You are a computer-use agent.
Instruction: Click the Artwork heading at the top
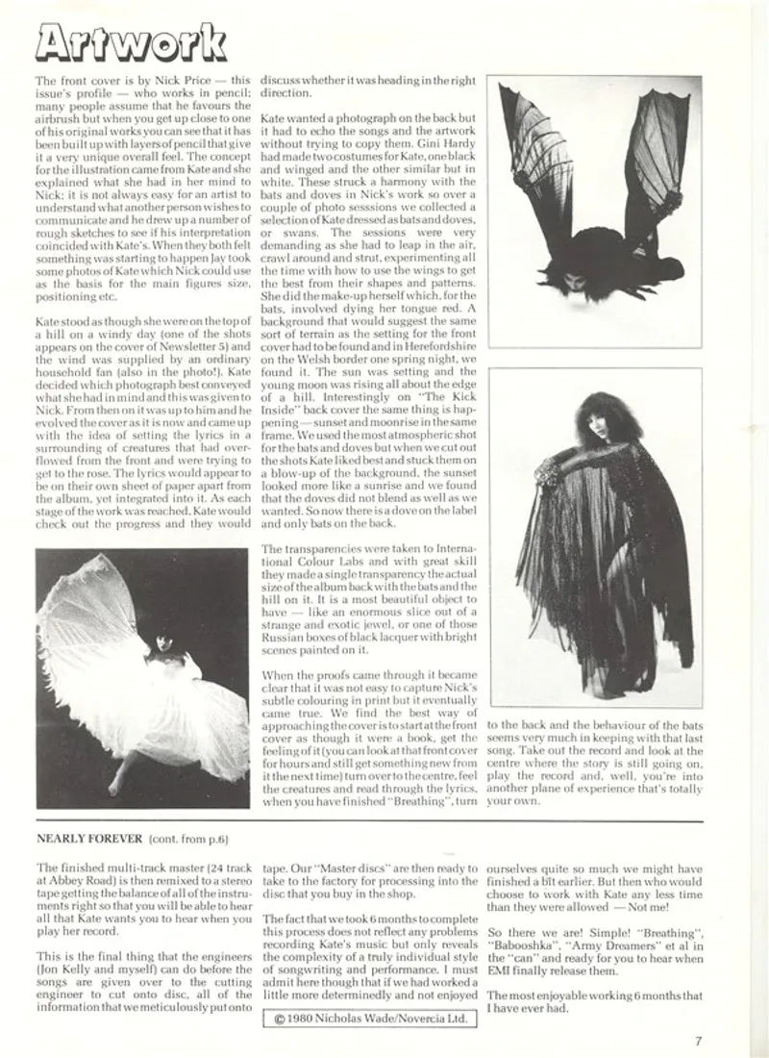pos(128,41)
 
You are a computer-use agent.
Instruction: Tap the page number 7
pos(699,1040)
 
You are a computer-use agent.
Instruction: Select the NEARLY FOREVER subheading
pos(89,839)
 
